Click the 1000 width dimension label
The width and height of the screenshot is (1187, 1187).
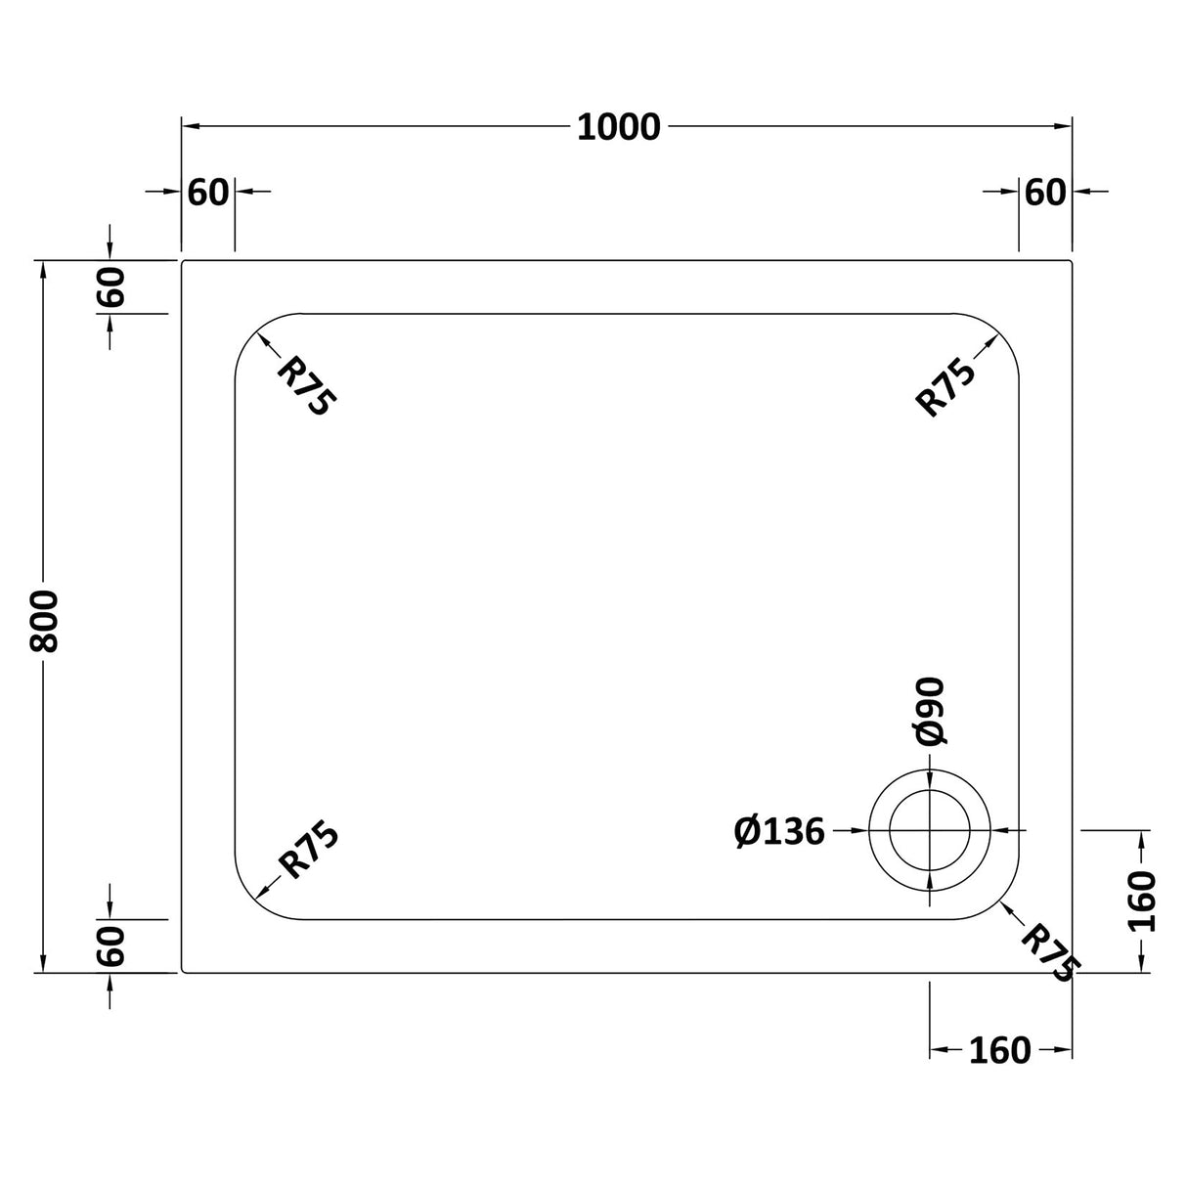point(619,127)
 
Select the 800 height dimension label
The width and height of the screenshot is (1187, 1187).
point(45,622)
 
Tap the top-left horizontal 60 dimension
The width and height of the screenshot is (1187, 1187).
point(207,193)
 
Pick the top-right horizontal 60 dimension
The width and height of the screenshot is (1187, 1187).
point(1045,193)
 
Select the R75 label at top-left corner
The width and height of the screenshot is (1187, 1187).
point(306,385)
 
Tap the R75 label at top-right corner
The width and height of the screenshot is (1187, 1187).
point(945,388)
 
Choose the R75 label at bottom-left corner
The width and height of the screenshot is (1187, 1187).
point(308,850)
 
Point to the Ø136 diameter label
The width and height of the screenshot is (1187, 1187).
point(779,832)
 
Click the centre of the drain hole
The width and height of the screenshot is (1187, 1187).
point(929,830)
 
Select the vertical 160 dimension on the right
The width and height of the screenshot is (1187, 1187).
point(1142,901)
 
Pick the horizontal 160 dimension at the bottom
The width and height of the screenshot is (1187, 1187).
point(1000,1050)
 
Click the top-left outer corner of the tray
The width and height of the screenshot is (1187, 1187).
point(183,261)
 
